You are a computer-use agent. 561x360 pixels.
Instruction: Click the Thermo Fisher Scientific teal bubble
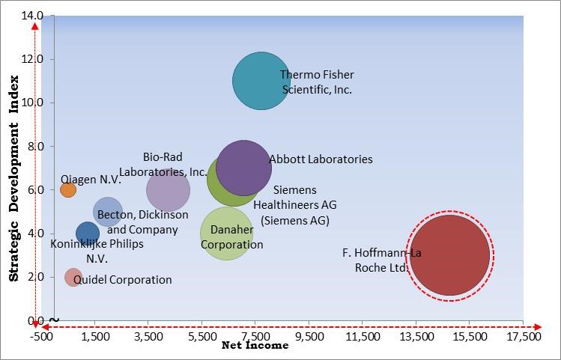[x=261, y=81]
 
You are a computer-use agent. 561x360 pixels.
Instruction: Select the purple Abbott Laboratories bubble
[x=244, y=167]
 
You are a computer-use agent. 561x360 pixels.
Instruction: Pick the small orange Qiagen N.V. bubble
[x=68, y=190]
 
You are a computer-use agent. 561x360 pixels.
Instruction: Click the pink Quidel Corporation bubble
[x=73, y=278]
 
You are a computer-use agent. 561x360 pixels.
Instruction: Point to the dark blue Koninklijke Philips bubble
[x=87, y=234]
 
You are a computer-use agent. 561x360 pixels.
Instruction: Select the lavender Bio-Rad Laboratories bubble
[x=168, y=190]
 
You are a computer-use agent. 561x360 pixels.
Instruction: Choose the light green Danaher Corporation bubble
[x=226, y=234]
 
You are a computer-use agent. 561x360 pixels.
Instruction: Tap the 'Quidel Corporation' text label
[x=122, y=280]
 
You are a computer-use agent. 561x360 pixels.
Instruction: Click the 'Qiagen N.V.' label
[x=91, y=180]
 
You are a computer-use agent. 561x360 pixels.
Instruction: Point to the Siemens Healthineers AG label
[x=295, y=205]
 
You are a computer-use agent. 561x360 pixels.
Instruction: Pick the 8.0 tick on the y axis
[x=35, y=146]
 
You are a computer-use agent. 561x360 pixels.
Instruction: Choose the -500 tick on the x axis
[x=42, y=337]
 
